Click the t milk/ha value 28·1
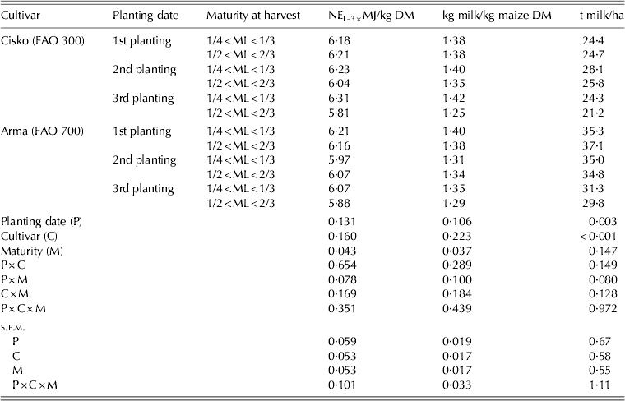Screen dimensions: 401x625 [602, 70]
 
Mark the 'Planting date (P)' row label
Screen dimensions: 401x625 [41, 222]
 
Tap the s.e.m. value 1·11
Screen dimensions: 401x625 [605, 385]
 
